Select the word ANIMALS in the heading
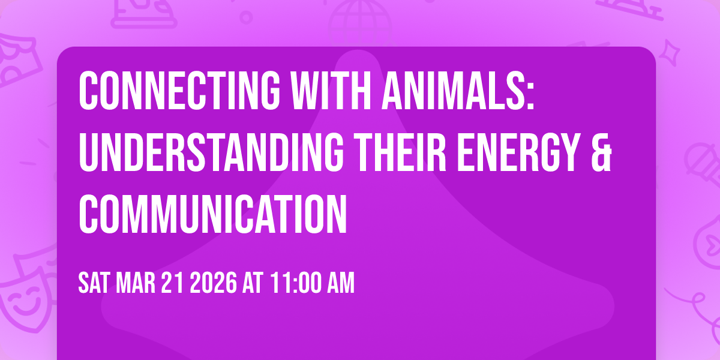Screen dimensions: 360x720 [x=452, y=92]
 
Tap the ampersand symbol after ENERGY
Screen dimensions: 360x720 [x=603, y=154]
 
